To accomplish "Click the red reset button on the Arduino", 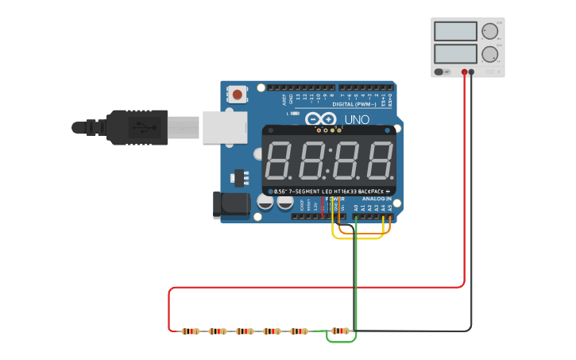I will coord(237,95).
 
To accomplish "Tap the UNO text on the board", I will coord(356,120).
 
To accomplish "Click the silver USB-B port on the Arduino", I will coord(225,127).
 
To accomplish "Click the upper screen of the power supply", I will coord(455,32).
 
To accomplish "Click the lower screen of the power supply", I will coord(455,54).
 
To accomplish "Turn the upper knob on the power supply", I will coord(489,32).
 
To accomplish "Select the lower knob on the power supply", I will coord(489,54).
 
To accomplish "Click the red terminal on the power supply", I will coord(464,72).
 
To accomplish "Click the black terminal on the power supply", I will coord(471,72).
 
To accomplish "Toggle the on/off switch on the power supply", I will coord(441,72).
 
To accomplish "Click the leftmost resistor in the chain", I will coord(190,331).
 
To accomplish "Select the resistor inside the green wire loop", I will coord(340,331).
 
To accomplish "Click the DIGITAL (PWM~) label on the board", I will coord(354,104).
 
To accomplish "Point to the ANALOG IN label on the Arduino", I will coord(377,199).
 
